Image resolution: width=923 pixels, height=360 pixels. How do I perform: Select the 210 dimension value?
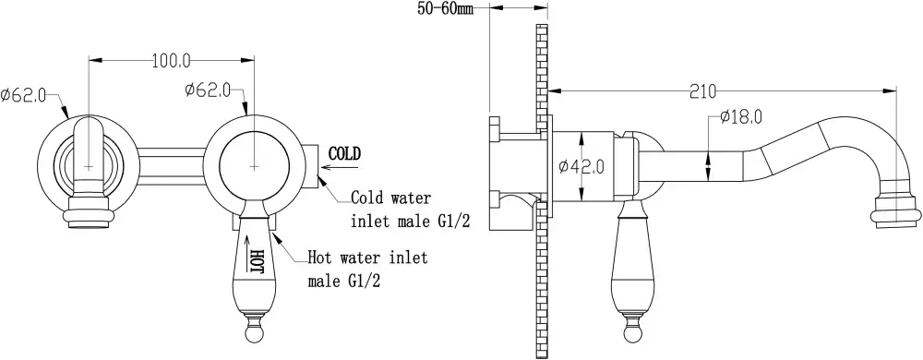point(702,91)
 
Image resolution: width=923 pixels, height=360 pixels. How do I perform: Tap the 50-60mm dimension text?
point(447,9)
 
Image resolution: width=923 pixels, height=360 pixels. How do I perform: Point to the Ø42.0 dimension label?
point(581,167)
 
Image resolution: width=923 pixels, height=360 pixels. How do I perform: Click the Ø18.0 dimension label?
point(740,117)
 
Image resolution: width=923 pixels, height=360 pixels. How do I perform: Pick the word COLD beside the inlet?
point(344,154)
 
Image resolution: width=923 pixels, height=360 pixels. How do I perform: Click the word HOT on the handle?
point(257,261)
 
